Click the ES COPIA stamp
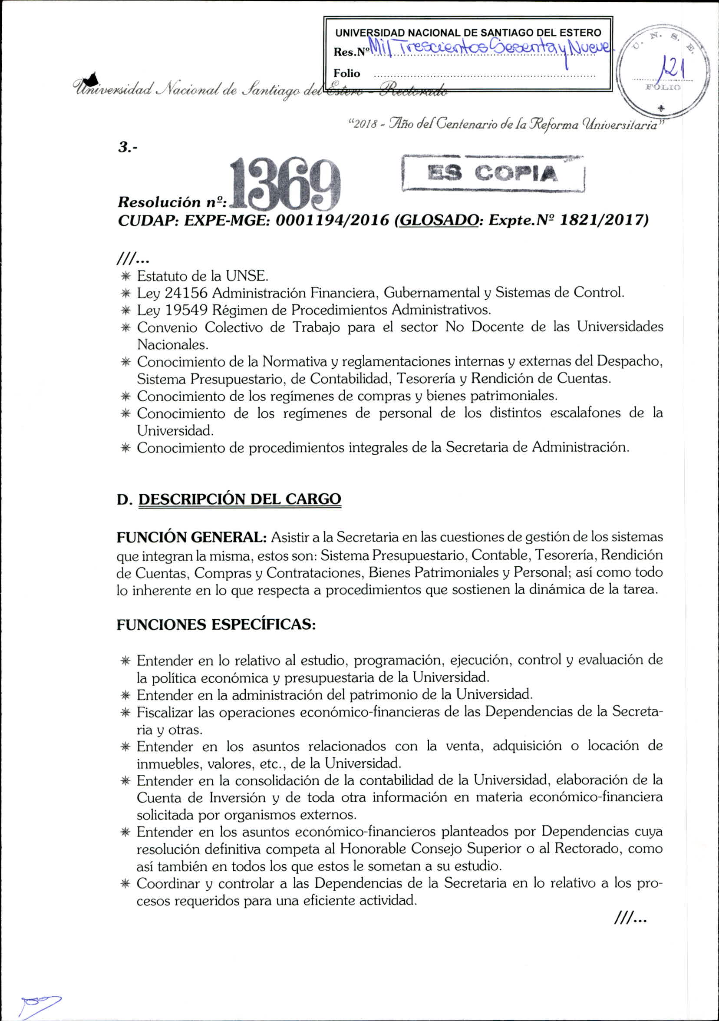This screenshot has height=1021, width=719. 493,174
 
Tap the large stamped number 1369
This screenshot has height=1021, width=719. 285,186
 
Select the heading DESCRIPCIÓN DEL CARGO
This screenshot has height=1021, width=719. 240,499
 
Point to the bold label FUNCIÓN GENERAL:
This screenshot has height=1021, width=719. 191,537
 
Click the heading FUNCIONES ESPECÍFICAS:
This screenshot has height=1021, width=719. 216,625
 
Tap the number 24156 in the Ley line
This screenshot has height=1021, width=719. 185,293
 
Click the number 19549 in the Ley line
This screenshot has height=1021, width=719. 185,310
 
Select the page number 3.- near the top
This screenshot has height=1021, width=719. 128,148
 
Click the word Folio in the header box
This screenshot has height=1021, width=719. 347,73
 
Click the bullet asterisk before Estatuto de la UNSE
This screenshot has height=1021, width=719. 126,276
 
